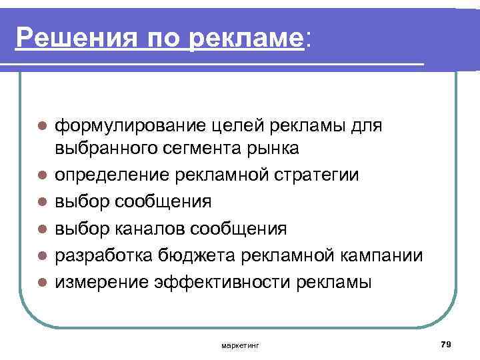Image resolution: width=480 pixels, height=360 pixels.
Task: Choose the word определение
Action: pos(113,175)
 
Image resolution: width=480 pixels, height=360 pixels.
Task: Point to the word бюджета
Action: pos(187,255)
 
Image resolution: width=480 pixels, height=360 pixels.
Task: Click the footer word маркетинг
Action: pos(241,345)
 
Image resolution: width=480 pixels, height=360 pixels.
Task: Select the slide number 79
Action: pos(447,343)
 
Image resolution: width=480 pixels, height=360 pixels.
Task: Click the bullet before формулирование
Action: pos(42,125)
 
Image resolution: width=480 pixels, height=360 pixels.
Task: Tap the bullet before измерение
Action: pos(42,283)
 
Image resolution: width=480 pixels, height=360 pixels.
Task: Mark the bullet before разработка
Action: pos(42,255)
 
